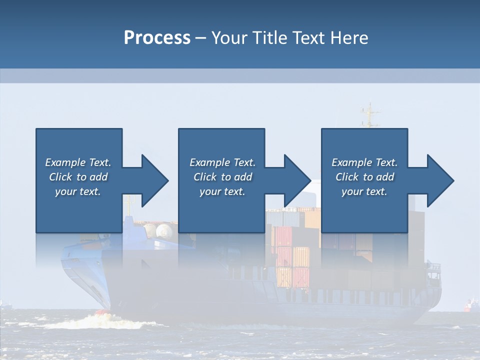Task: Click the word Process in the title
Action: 157,37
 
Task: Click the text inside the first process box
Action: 78,177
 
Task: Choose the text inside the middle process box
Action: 222,177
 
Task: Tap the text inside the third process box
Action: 364,177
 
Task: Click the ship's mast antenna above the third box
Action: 369,115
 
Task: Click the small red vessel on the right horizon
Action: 470,304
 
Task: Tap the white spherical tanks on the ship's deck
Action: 157,230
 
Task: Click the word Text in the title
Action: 308,37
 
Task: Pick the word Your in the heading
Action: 229,37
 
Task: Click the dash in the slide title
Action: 201,38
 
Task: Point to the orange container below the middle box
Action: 301,256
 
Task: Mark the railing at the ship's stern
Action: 433,267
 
